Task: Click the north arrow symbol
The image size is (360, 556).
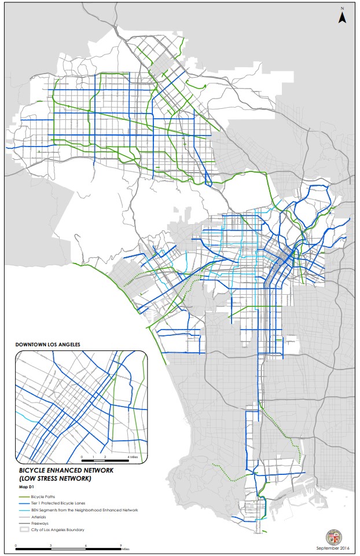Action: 342,18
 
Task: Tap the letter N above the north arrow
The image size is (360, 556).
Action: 342,9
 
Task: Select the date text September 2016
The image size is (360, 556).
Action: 333,548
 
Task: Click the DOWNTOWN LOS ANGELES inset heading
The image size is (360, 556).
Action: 47,345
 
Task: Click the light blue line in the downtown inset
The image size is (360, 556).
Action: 26,416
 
